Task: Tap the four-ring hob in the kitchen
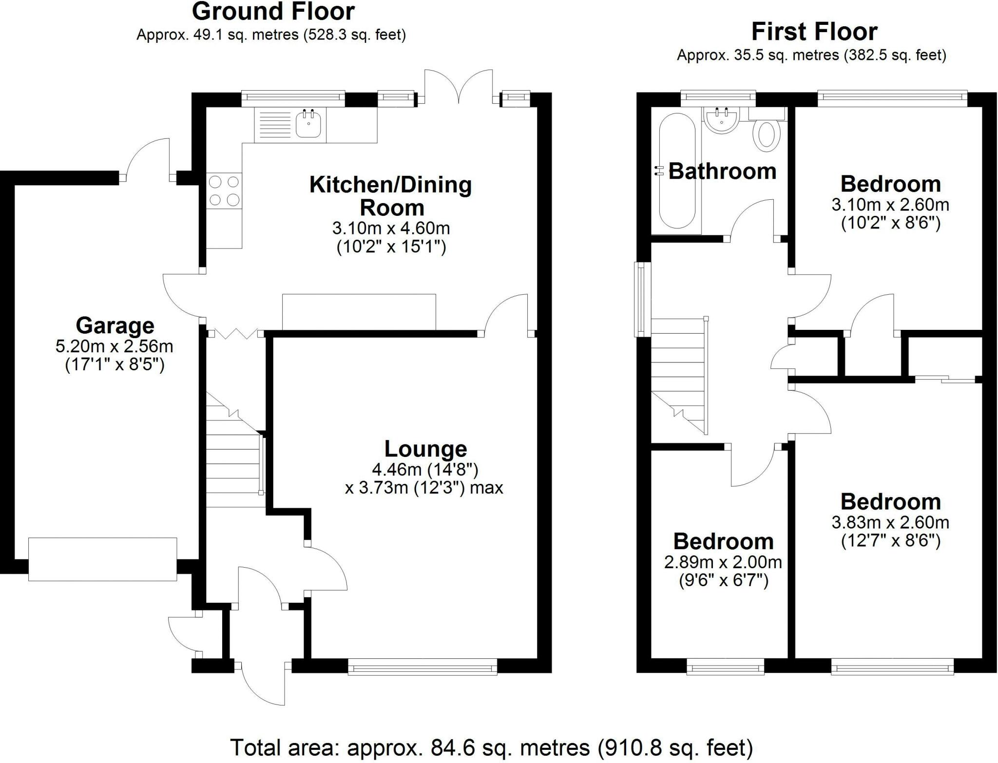click(224, 191)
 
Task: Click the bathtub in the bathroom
click(677, 171)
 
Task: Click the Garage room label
click(115, 325)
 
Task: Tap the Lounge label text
click(425, 449)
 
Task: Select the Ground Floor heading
click(273, 12)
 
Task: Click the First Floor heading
click(814, 32)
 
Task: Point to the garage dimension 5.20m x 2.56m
click(115, 346)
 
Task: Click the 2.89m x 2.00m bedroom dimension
click(723, 562)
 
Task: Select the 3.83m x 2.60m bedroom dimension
click(890, 523)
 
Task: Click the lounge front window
click(422, 667)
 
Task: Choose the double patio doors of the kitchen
click(458, 88)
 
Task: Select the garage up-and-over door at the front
click(102, 559)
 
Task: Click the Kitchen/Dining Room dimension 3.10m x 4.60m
click(391, 228)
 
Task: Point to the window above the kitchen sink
click(293, 98)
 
